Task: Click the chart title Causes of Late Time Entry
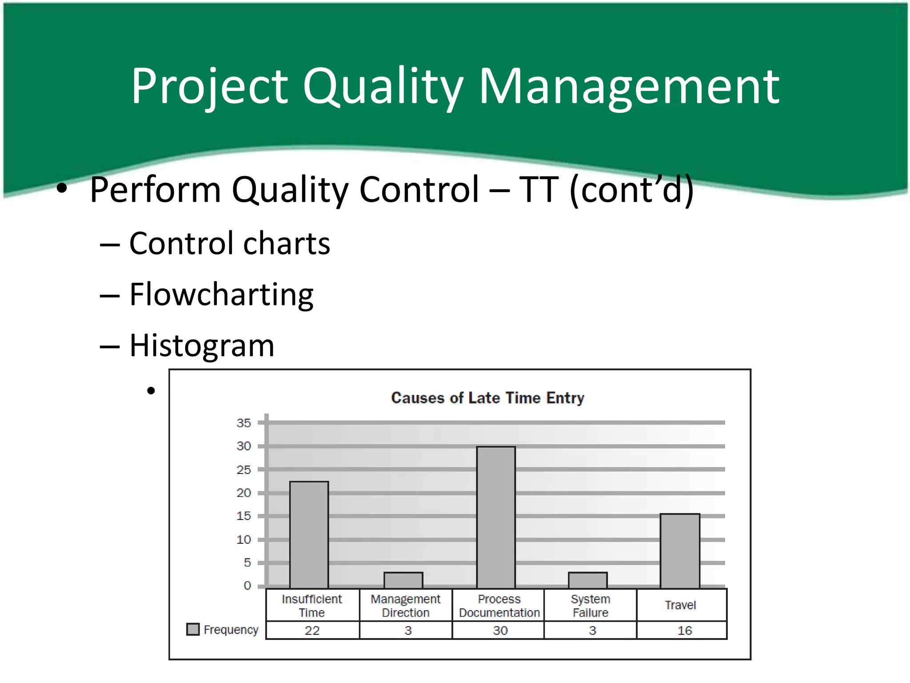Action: (487, 398)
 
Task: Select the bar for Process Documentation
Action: (496, 517)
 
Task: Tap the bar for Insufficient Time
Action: (309, 534)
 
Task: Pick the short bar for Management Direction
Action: (403, 580)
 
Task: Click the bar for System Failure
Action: (587, 580)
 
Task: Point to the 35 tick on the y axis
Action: (243, 423)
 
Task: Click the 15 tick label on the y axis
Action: (243, 516)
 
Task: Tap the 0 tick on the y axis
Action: (247, 586)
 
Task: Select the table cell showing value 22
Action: (312, 630)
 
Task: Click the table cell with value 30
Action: (500, 630)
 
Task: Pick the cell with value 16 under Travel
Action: (684, 630)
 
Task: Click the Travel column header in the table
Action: (680, 605)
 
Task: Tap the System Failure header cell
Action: (590, 606)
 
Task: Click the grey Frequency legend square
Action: (193, 629)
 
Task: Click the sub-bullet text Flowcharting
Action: (221, 294)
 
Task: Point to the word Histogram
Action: (202, 346)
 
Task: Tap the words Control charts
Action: (229, 243)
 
